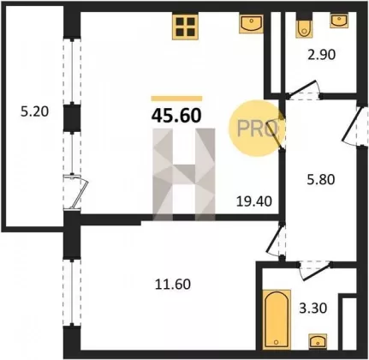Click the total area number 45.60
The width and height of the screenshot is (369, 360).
coord(176,116)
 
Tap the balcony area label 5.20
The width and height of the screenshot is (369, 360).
coord(34,111)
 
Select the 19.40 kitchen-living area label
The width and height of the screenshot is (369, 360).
coord(254,201)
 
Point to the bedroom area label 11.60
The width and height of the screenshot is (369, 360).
coord(173,285)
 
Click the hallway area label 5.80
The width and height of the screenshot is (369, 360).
coord(321,180)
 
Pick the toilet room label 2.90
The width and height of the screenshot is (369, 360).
coord(322,55)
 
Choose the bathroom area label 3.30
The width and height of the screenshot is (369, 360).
coord(313,309)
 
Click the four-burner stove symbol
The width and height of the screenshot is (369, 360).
coord(185,27)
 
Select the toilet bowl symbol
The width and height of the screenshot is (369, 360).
coord(303,27)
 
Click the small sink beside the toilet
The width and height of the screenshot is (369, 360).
coord(339,21)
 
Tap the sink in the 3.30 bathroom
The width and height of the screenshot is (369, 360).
coord(318,342)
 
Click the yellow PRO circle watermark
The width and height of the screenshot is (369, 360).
coord(256,129)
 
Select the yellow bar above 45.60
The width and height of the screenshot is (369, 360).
coord(176,99)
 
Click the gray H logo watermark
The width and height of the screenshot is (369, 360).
coord(184,175)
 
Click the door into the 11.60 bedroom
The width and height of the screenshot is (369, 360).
coord(276,240)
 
